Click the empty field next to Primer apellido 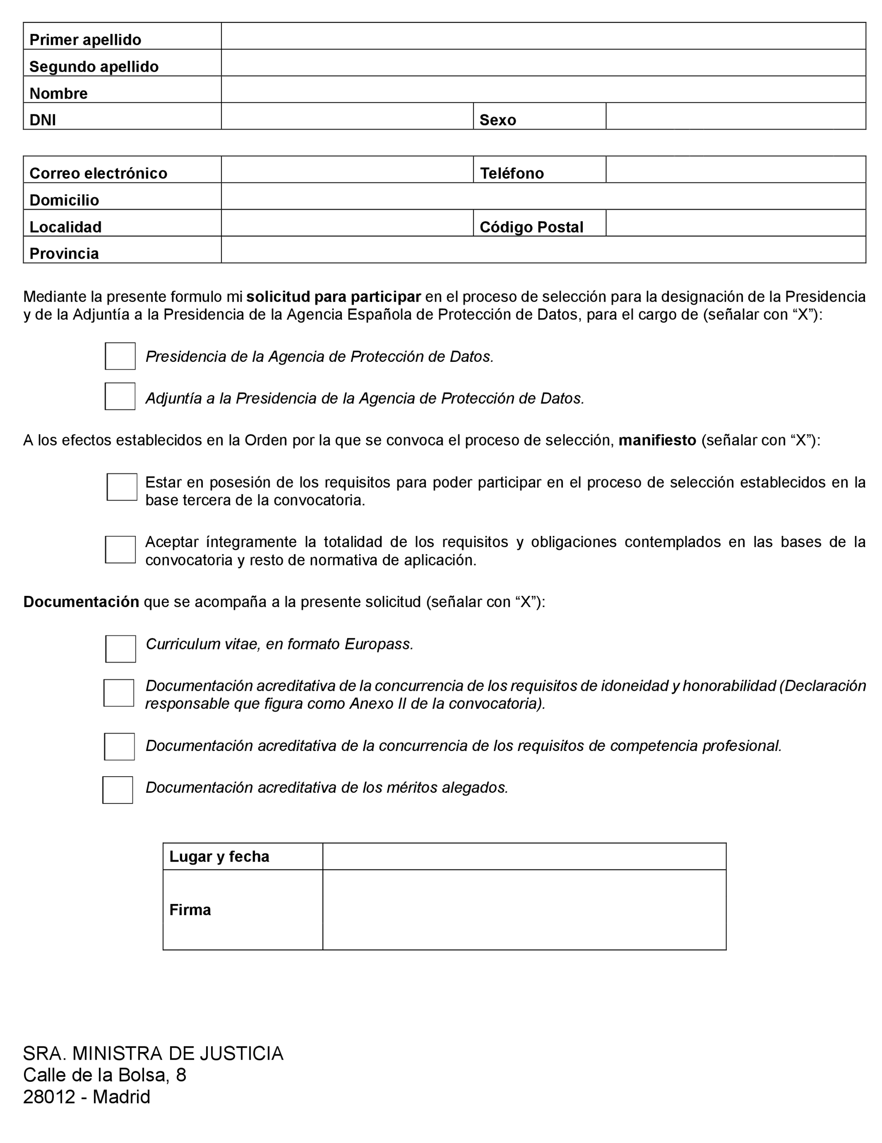pos(543,36)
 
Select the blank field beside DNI pos(347,116)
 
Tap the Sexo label pos(497,120)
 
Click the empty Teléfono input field pos(736,169)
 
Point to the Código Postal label pos(531,227)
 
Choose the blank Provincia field pos(543,249)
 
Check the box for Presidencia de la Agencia pos(120,356)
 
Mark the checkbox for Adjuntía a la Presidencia pos(120,396)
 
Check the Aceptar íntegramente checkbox pos(120,550)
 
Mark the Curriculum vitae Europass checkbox pos(120,649)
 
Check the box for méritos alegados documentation pos(117,790)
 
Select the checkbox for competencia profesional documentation pos(119,746)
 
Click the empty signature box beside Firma pos(524,910)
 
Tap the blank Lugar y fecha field pos(524,856)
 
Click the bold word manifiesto pos(657,440)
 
